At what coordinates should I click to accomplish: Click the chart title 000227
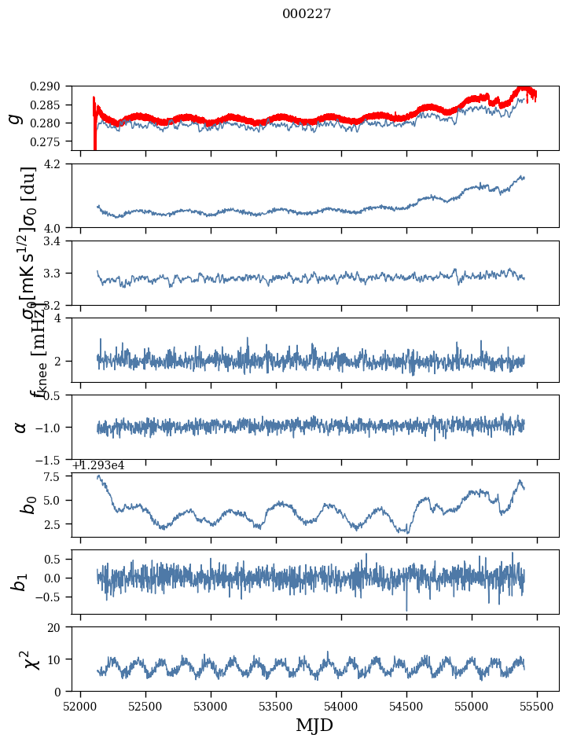tap(307, 13)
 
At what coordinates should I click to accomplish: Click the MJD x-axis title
tap(314, 725)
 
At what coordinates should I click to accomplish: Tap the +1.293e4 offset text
tap(98, 465)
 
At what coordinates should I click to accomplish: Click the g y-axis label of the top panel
tap(14, 118)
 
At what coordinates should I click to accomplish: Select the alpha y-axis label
tap(20, 427)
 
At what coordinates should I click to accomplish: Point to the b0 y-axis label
tap(29, 504)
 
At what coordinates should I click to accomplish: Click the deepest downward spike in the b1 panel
tap(406, 609)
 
